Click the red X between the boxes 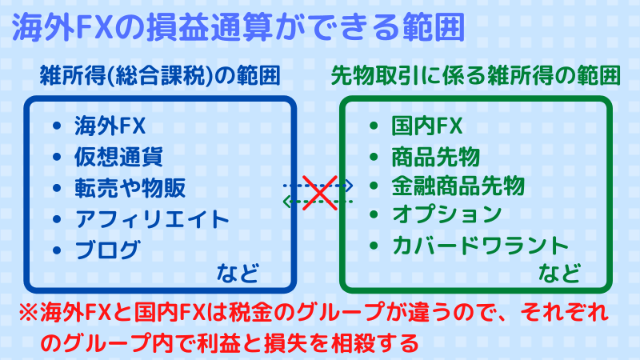point(320,193)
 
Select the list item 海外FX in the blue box point(110,126)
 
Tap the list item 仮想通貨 point(118,157)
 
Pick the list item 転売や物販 point(130,188)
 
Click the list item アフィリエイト point(152,219)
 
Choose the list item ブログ point(108,250)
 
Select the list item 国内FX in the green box point(427,126)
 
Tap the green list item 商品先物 point(435,157)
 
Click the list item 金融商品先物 point(458,186)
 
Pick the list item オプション point(447,214)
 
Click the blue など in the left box point(238,273)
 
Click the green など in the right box point(559,273)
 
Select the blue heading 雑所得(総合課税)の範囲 point(160,75)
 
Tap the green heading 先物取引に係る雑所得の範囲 point(475,75)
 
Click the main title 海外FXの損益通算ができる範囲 point(238,27)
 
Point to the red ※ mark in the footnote point(29,313)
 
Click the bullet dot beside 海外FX point(57,126)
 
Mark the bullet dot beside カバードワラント point(374,246)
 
